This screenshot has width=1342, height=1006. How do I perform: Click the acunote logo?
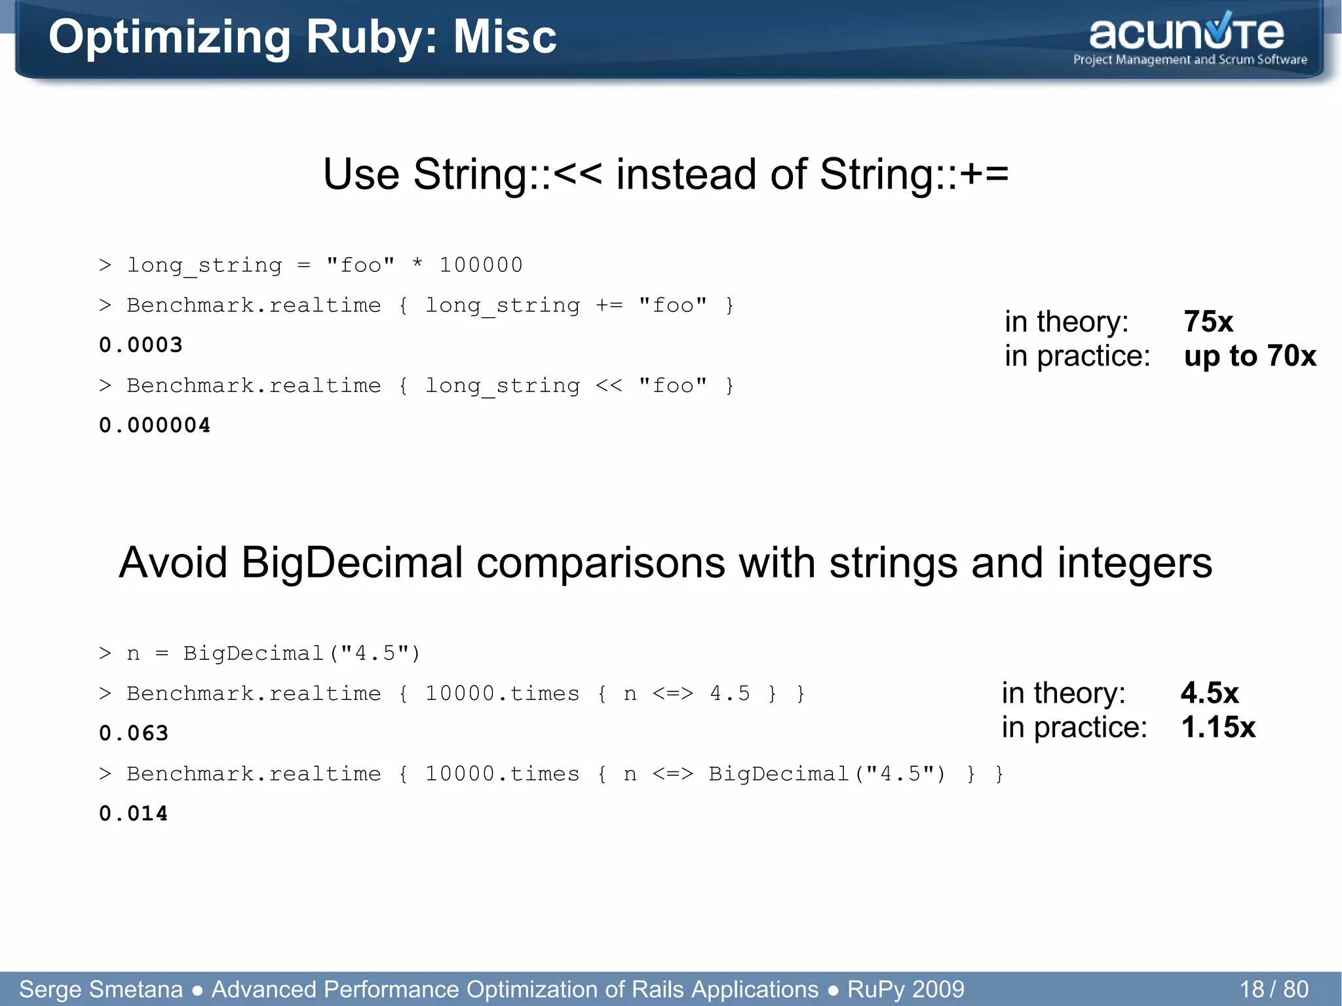coord(1186,34)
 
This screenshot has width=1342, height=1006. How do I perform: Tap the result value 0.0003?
coord(140,345)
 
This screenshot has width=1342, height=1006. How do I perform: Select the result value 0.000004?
coord(155,425)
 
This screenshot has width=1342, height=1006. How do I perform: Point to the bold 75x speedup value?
coord(1208,322)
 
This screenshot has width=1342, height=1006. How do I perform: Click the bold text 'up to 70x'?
coord(1250,356)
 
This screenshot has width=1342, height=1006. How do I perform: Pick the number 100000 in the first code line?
coord(480,265)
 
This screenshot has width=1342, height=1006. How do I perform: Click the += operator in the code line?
coord(609,305)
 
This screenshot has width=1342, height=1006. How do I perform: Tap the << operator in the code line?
coord(609,385)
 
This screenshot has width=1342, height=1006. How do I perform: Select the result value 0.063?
coord(134,733)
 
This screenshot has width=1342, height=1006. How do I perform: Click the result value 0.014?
coord(134,813)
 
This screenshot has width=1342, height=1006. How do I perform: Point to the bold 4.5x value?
coord(1210,693)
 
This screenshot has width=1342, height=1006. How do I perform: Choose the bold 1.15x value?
coord(1218,727)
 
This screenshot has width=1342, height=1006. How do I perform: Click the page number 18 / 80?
coord(1273,989)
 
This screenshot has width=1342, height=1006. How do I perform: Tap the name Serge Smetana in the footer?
coord(101,989)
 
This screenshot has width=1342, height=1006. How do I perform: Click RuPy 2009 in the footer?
coord(906,989)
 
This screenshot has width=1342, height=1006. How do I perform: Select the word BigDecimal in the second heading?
coord(352,563)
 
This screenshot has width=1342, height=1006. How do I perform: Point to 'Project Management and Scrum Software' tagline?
coord(1190,60)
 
